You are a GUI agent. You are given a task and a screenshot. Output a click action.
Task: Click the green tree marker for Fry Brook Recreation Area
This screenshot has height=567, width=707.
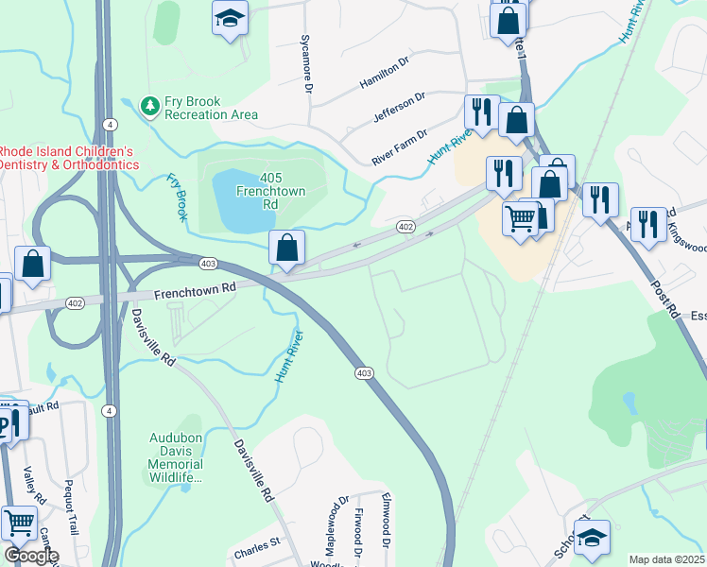pos(148,106)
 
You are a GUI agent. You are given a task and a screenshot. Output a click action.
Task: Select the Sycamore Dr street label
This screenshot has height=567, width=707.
pos(305,65)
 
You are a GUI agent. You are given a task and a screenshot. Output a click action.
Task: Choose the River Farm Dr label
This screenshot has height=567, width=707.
pos(400,147)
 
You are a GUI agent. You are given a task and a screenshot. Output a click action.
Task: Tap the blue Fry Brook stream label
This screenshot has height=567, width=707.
pos(177,197)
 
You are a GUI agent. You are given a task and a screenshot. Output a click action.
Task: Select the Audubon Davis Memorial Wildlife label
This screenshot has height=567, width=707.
pos(176,457)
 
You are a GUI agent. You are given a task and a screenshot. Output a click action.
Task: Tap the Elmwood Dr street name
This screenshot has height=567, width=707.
pos(386,519)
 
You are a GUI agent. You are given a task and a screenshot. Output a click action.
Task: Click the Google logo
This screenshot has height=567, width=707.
pos(31,556)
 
